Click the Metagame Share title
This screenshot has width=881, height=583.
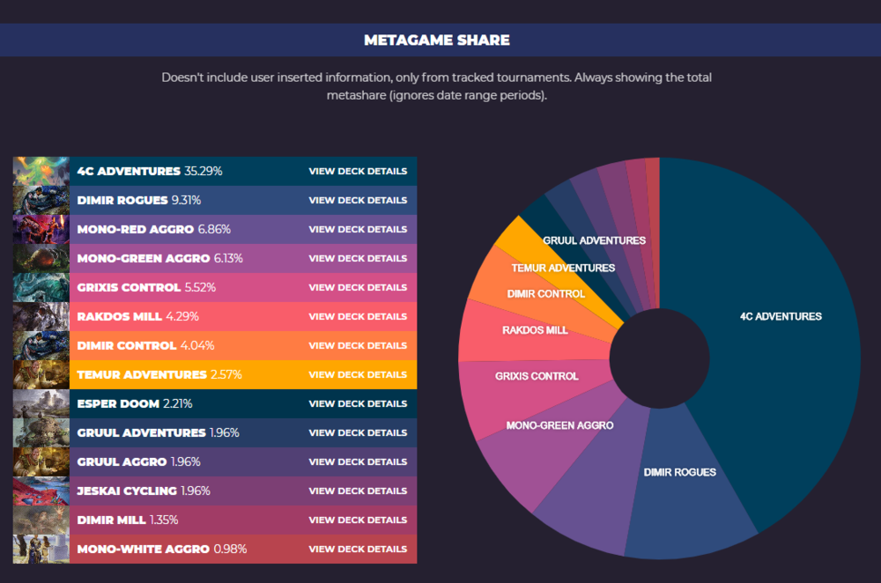pyautogui.click(x=437, y=40)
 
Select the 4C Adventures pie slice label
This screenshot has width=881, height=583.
pyautogui.click(x=781, y=316)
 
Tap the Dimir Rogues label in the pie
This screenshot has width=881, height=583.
pyautogui.click(x=679, y=472)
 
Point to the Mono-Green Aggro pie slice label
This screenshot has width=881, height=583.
pyautogui.click(x=559, y=425)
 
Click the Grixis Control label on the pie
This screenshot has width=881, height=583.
pyautogui.click(x=537, y=376)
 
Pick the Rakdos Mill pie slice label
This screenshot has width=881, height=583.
pyautogui.click(x=535, y=330)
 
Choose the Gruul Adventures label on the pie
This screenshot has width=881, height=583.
pyautogui.click(x=594, y=240)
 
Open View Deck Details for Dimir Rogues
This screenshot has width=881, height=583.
pyautogui.click(x=358, y=200)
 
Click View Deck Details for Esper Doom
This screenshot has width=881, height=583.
pyautogui.click(x=358, y=403)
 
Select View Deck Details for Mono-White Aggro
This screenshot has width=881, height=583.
pyautogui.click(x=358, y=549)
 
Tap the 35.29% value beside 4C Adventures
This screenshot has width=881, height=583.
pyautogui.click(x=204, y=171)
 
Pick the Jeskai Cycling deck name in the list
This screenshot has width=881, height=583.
pyautogui.click(x=127, y=491)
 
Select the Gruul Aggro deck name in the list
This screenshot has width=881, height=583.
pyautogui.click(x=121, y=461)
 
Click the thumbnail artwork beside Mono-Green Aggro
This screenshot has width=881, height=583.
pyautogui.click(x=41, y=258)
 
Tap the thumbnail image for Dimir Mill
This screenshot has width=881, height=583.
pyautogui.click(x=41, y=520)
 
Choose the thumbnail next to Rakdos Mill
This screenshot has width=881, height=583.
pyautogui.click(x=41, y=316)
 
